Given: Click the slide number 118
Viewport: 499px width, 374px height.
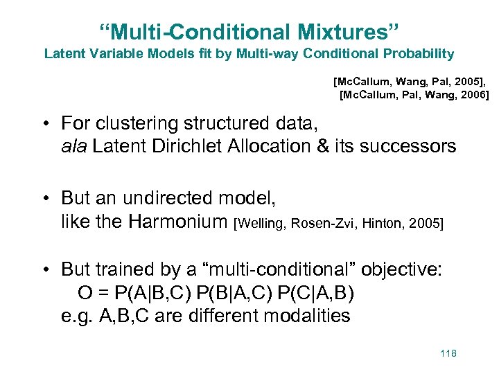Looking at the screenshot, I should point(448,354).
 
